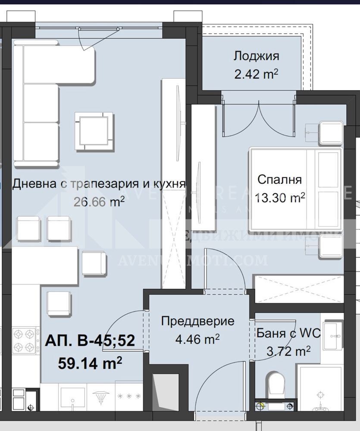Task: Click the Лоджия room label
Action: [x=256, y=56]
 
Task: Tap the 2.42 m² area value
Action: [x=256, y=74]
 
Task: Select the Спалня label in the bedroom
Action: [x=279, y=179]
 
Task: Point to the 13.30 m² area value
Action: [x=280, y=197]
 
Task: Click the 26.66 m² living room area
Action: [x=100, y=201]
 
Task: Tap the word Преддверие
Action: [x=198, y=321]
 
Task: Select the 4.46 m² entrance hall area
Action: [x=198, y=339]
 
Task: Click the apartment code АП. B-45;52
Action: [x=90, y=341]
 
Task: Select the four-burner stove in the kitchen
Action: [x=23, y=340]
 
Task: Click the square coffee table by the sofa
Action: [x=94, y=131]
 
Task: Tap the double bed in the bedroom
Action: [x=296, y=190]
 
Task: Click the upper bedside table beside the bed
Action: [x=331, y=133]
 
